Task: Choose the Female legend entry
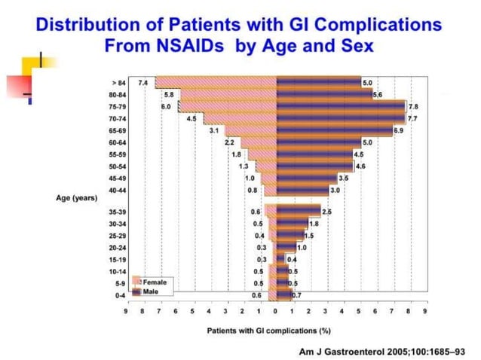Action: [x=155, y=281]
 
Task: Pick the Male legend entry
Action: [x=152, y=289]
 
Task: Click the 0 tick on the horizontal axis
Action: [x=276, y=310]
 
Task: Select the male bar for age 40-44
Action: [x=302, y=191]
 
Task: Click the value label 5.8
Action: [x=168, y=94]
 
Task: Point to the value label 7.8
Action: [x=413, y=106]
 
